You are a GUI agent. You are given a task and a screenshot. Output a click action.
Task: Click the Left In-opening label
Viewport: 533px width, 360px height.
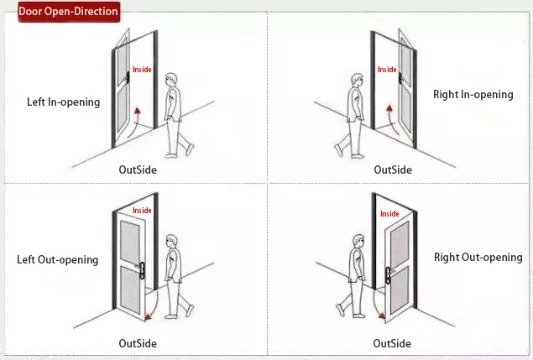point(63,102)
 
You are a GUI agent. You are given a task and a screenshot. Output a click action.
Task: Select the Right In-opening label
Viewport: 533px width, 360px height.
point(473,95)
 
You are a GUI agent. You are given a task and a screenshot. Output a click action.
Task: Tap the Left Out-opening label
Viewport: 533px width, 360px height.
point(58,259)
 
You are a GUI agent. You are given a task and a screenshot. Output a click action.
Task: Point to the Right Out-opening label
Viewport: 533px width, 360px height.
point(478,257)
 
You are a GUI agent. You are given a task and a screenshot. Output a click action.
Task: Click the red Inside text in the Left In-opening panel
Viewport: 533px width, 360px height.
point(143,70)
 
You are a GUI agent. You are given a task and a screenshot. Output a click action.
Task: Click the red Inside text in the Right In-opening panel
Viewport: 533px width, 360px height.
point(387,70)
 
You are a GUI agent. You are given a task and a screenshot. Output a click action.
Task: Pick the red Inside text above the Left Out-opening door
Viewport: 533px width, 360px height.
point(143,211)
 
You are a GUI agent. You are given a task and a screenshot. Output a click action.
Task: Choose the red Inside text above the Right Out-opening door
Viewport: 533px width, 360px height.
point(389,214)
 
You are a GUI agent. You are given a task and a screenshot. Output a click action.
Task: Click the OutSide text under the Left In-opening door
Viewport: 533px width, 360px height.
point(138,170)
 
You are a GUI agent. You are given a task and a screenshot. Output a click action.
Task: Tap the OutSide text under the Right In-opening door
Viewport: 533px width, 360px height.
point(393,170)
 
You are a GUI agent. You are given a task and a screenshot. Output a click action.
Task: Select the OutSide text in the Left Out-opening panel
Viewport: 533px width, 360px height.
point(138,343)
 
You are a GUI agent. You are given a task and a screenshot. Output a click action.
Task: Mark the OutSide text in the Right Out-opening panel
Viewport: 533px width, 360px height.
point(392,343)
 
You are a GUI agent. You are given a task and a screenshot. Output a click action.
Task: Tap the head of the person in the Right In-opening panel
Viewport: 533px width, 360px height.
point(356,81)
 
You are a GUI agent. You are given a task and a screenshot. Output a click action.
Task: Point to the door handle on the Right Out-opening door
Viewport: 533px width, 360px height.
point(387,272)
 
